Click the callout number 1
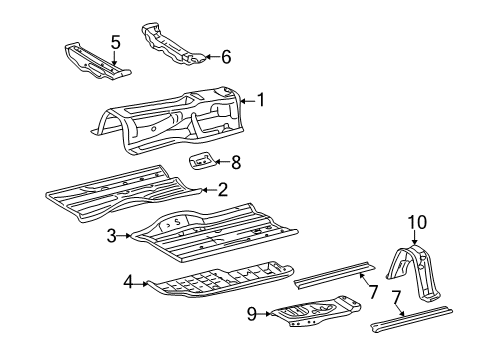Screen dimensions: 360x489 (x=261, y=99)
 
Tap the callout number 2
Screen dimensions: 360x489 (x=223, y=188)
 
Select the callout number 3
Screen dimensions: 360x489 (x=113, y=236)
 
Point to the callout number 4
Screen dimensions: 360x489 (x=128, y=283)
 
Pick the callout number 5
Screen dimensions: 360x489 (x=116, y=42)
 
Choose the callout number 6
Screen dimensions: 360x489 (x=225, y=57)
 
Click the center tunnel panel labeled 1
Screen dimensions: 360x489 (x=180, y=120)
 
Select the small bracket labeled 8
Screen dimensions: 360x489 (x=203, y=161)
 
